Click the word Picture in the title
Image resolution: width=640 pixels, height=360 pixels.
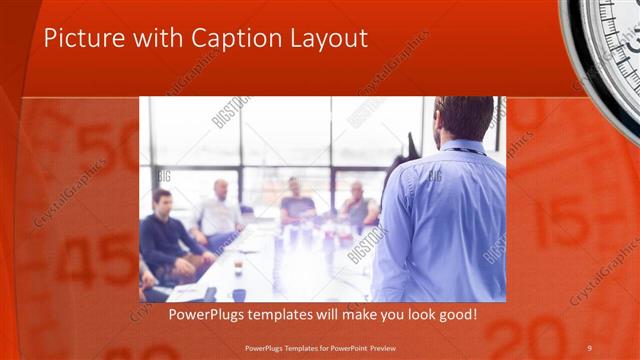[81, 39]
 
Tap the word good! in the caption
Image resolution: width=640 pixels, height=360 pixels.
[455, 315]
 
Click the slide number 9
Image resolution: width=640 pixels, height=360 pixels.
[589, 347]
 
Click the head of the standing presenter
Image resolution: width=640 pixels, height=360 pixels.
[463, 118]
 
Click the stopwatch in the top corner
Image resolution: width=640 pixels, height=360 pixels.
[605, 45]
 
